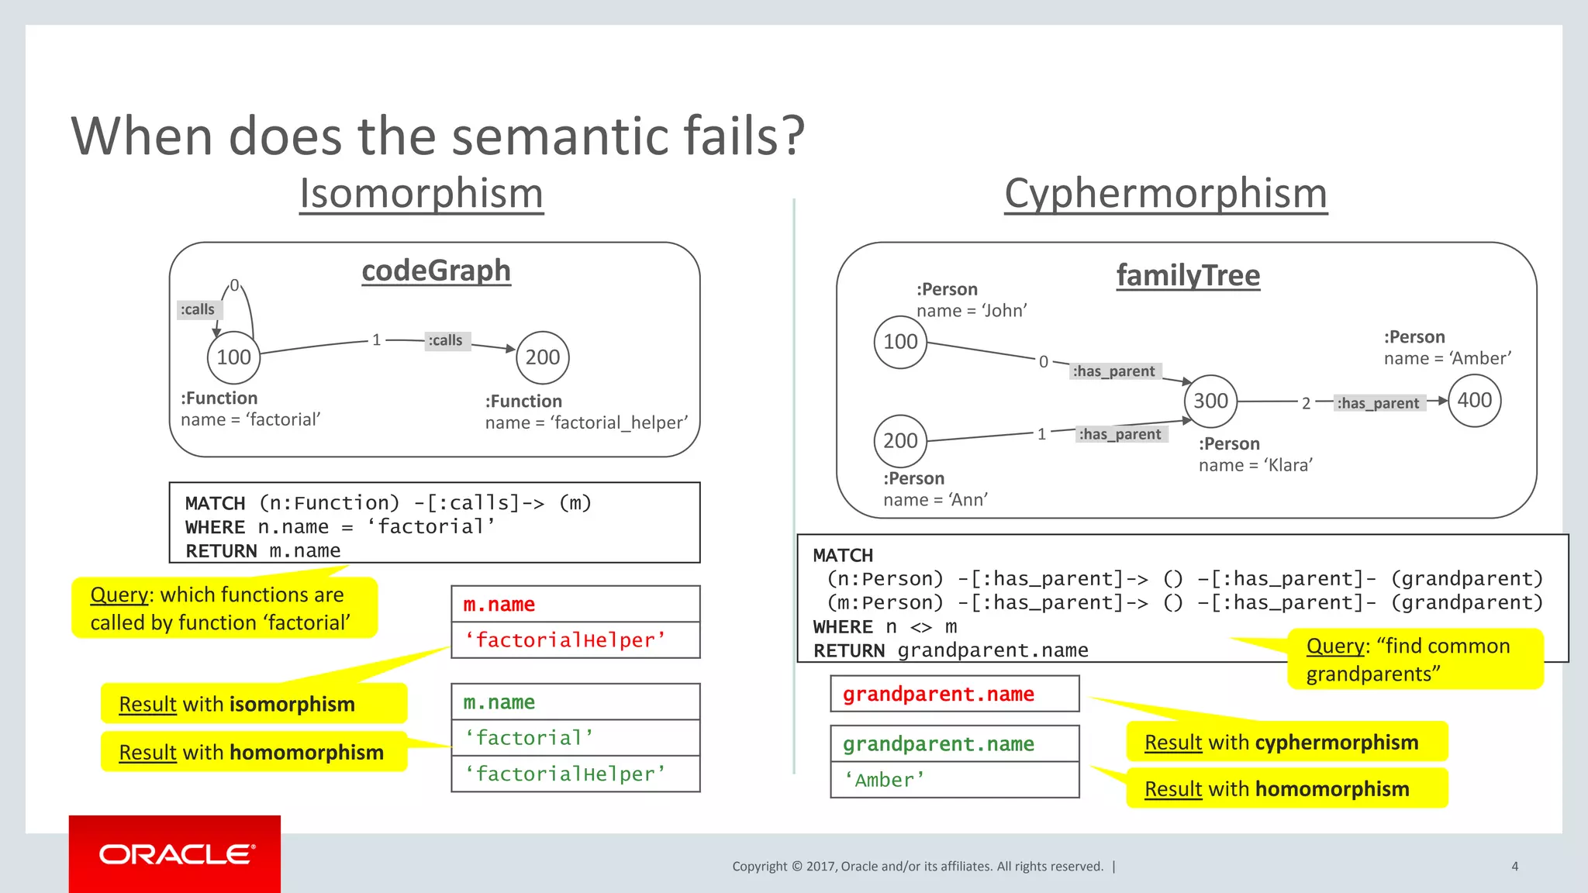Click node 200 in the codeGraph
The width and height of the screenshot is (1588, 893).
[x=543, y=357]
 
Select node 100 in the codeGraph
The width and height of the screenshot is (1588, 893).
[x=233, y=357]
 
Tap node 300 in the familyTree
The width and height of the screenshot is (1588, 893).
[x=1210, y=401]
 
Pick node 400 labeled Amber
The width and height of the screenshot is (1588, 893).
[x=1474, y=400]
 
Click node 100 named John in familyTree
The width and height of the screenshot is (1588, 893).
[x=900, y=342]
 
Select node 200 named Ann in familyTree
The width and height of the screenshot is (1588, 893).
[x=900, y=441]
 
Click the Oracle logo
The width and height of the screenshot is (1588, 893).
[x=175, y=854]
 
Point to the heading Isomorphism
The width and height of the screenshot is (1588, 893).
[x=421, y=194]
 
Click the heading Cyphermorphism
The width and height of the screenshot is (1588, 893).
[x=1165, y=194]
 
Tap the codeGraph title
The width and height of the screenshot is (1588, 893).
[x=436, y=271]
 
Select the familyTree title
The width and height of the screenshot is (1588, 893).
[x=1188, y=275]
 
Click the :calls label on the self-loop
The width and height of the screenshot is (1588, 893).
[x=198, y=309]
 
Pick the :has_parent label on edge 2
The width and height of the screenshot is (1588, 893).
[x=1378, y=403]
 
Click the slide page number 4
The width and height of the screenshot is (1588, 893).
[x=1514, y=866]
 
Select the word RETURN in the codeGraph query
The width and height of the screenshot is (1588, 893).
[x=221, y=551]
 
